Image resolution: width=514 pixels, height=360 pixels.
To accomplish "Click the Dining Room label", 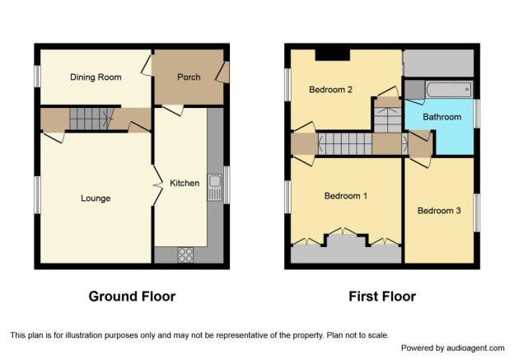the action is click(96, 77).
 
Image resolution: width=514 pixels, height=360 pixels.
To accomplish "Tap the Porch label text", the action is click(189, 77).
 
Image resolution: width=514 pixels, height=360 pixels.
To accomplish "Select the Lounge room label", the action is click(96, 199).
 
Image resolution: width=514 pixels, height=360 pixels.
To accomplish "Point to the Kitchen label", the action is click(185, 183).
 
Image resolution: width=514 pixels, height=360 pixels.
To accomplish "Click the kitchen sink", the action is click(215, 187).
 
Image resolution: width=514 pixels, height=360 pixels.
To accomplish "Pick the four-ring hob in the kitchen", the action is click(185, 255).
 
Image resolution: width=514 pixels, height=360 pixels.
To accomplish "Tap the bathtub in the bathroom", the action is click(449, 89).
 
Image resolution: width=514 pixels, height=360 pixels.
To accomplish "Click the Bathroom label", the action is click(442, 117).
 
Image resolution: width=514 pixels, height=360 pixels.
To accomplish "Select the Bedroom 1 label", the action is click(346, 196).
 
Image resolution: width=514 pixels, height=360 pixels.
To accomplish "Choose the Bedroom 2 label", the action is click(331, 90).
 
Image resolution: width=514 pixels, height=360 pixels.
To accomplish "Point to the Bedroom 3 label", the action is click(439, 211).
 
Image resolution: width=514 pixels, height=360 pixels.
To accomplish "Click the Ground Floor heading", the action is click(132, 297).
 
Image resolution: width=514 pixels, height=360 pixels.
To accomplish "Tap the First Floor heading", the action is click(382, 297).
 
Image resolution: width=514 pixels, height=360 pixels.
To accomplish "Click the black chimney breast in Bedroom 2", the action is click(333, 55).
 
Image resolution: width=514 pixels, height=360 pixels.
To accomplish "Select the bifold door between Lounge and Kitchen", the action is click(158, 185).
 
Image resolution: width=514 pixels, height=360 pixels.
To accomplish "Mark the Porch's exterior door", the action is click(223, 72).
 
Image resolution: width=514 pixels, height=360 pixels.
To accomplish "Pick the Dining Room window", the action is click(37, 77).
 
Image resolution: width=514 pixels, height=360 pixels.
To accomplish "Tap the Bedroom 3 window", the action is click(477, 213).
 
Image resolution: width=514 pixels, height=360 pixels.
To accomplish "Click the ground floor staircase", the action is click(88, 119).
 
